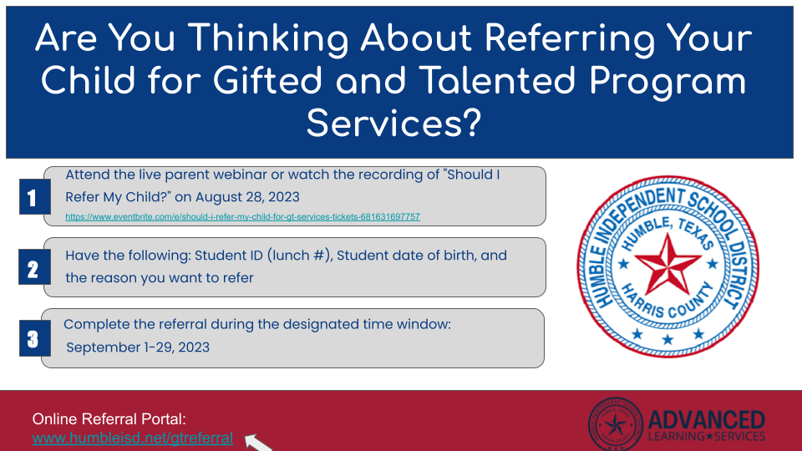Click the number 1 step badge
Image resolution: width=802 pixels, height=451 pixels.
click(x=32, y=199)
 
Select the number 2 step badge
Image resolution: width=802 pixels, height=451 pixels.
click(x=32, y=269)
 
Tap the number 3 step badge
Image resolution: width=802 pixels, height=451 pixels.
click(x=32, y=339)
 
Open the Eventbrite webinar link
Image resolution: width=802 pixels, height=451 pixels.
click(x=242, y=217)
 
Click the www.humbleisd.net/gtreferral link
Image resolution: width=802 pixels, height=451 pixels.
click(x=132, y=438)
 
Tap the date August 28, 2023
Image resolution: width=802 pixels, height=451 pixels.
click(x=256, y=197)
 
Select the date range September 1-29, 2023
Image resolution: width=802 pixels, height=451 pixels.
click(x=138, y=347)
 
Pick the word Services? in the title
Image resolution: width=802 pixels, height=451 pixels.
click(x=393, y=124)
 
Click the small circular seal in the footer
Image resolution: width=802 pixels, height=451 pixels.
click(x=616, y=424)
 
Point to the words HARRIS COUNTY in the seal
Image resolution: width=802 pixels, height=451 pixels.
click(x=668, y=304)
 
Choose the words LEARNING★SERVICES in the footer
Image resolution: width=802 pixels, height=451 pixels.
click(x=706, y=437)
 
